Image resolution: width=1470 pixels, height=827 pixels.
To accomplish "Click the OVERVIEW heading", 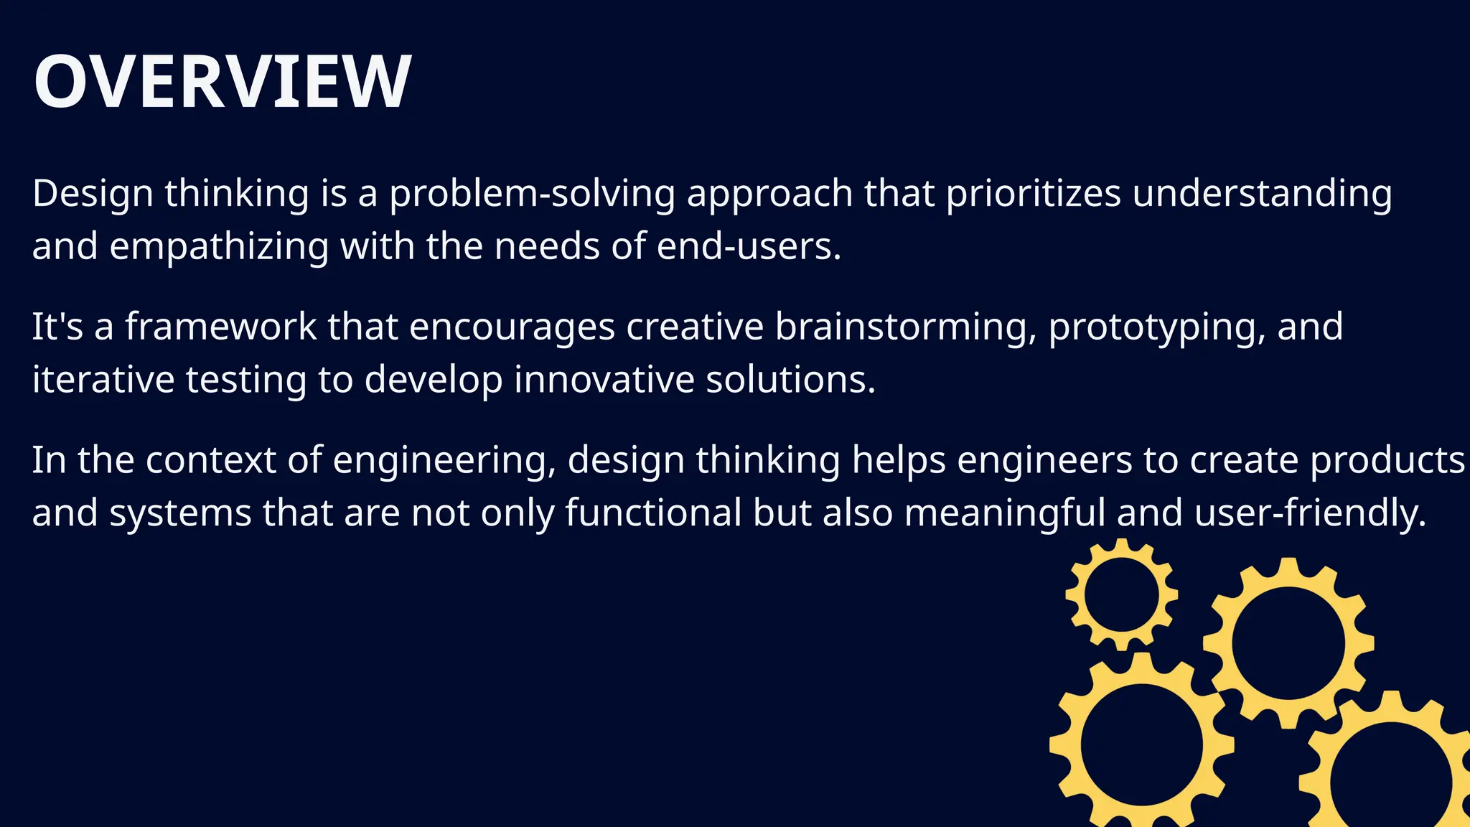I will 223,82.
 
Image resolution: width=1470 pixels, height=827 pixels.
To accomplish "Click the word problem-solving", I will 532,194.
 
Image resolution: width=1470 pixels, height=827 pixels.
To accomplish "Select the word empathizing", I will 218,247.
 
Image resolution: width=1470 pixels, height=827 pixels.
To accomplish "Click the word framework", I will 220,327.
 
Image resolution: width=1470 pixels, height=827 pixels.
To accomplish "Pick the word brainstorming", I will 905,327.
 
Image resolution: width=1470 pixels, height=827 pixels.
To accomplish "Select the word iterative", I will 103,380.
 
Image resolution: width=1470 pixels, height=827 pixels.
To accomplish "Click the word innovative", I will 604,380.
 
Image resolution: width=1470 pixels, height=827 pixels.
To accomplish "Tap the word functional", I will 653,513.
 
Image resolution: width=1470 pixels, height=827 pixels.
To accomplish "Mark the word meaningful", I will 1004,513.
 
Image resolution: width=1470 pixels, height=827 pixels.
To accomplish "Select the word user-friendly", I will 1310,513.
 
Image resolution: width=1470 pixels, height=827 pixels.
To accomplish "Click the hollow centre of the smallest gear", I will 1121,595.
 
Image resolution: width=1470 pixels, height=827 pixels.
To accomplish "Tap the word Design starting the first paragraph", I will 93,194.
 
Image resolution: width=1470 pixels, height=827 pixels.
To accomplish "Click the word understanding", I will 1262,194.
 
